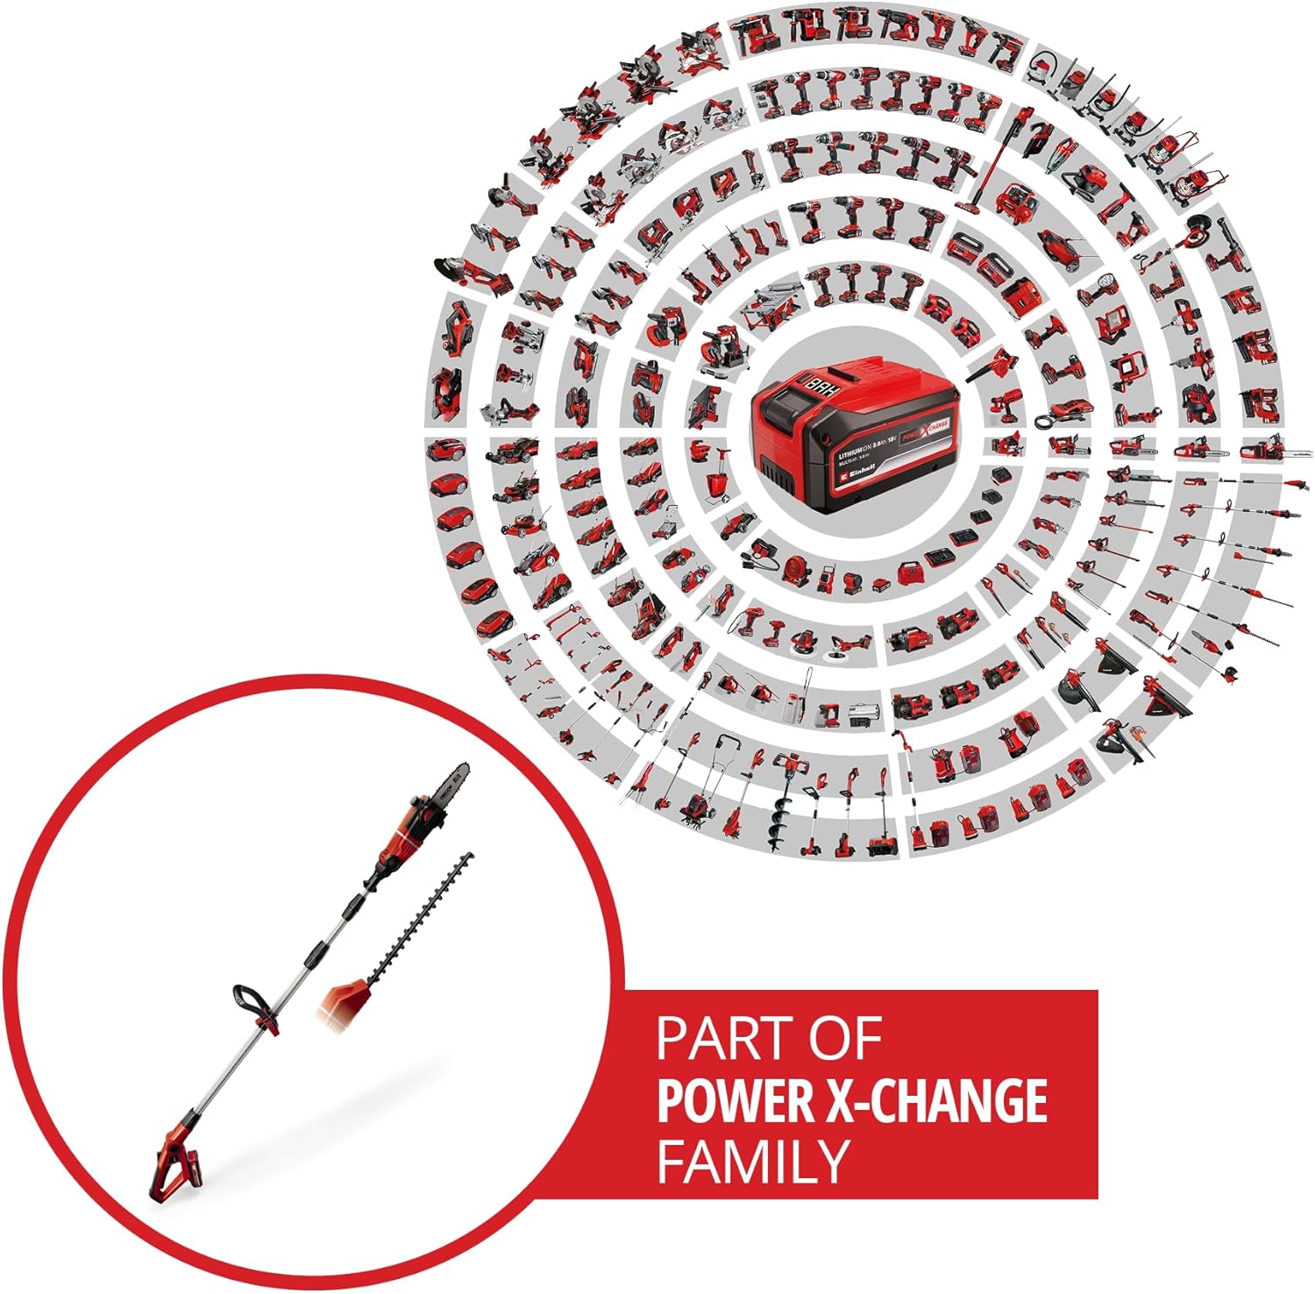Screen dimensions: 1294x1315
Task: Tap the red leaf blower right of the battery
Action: [991, 367]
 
